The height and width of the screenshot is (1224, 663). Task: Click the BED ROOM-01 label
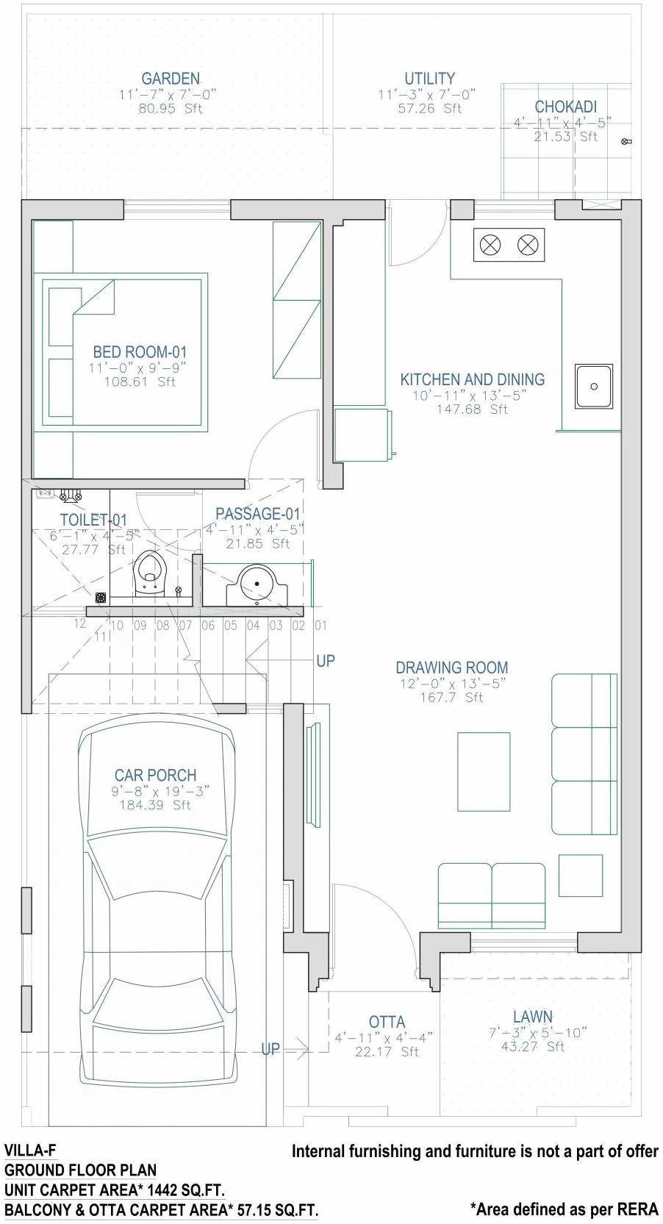pyautogui.click(x=140, y=352)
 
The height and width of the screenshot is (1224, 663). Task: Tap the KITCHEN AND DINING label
pyautogui.click(x=472, y=379)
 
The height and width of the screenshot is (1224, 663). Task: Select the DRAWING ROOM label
pyautogui.click(x=451, y=668)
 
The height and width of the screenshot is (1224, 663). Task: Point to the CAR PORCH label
pyautogui.click(x=155, y=775)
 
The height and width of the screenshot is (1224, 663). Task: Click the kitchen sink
pyautogui.click(x=594, y=386)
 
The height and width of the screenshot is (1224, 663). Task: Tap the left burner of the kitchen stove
pyautogui.click(x=490, y=245)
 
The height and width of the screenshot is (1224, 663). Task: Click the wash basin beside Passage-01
pyautogui.click(x=257, y=584)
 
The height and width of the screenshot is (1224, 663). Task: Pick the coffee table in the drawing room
pyautogui.click(x=484, y=771)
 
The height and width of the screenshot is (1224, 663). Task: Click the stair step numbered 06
pyautogui.click(x=208, y=626)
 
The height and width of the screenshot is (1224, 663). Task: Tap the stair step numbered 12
pyautogui.click(x=79, y=623)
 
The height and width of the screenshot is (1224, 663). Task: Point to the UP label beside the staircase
pyautogui.click(x=325, y=661)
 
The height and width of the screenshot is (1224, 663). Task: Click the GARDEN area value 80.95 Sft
pyautogui.click(x=171, y=108)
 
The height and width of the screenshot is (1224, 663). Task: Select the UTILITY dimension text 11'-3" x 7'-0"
pyautogui.click(x=427, y=94)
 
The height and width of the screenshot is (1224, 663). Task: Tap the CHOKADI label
pyautogui.click(x=565, y=107)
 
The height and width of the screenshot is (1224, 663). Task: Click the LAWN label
pyautogui.click(x=532, y=1017)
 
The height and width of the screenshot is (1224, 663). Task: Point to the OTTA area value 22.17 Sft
pyautogui.click(x=387, y=1052)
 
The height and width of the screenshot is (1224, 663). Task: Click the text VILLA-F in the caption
pyautogui.click(x=30, y=1150)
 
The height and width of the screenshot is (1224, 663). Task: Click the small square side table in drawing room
pyautogui.click(x=580, y=875)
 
